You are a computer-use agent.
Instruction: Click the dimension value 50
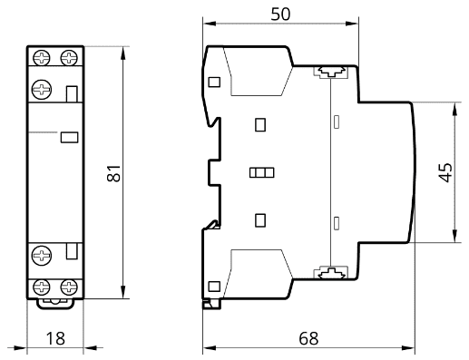[x=280, y=14]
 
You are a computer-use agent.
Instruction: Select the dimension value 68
[x=308, y=338]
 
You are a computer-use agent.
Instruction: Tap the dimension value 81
[x=114, y=173]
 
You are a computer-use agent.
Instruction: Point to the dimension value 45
[x=445, y=172]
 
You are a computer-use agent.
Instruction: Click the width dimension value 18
[x=55, y=338]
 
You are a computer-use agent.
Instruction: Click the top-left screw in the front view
[x=42, y=57]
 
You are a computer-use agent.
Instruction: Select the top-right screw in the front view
[x=69, y=57]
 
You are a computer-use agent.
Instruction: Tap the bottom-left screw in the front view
[x=42, y=287]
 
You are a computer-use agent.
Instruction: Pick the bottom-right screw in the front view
[x=69, y=287]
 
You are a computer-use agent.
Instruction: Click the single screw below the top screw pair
[x=42, y=90]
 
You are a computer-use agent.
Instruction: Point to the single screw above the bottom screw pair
[x=42, y=256]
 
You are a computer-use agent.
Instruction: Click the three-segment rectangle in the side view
[x=262, y=172]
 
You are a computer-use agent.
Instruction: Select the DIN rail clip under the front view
[x=55, y=304]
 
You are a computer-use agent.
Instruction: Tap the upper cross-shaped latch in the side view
[x=331, y=72]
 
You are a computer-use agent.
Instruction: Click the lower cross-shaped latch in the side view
[x=331, y=273]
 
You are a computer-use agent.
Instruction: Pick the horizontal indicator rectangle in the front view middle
[x=69, y=137]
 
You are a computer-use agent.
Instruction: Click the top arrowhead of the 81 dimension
[x=122, y=53]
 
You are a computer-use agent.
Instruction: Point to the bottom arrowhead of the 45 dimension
[x=454, y=236]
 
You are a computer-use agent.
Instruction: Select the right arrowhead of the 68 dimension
[x=407, y=348]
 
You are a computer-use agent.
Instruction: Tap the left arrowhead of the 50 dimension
[x=210, y=24]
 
